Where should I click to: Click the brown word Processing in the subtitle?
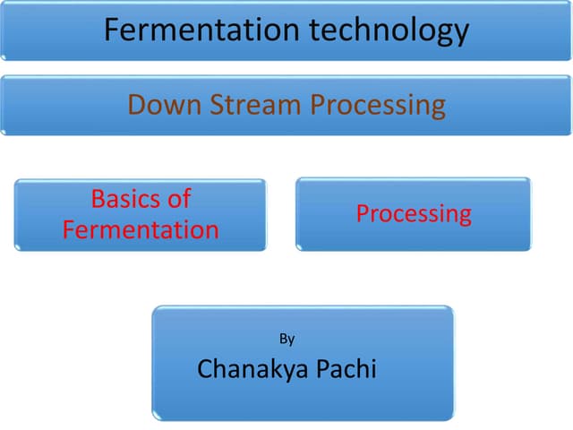tap(378, 106)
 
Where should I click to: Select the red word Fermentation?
tap(141, 229)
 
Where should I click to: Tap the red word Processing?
tap(414, 214)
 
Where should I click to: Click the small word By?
tap(286, 339)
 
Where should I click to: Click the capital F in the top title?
tap(112, 30)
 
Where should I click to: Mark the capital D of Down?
tap(136, 105)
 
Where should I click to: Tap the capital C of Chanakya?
tap(205, 368)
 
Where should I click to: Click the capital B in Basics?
tap(98, 199)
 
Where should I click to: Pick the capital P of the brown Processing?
tap(318, 105)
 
